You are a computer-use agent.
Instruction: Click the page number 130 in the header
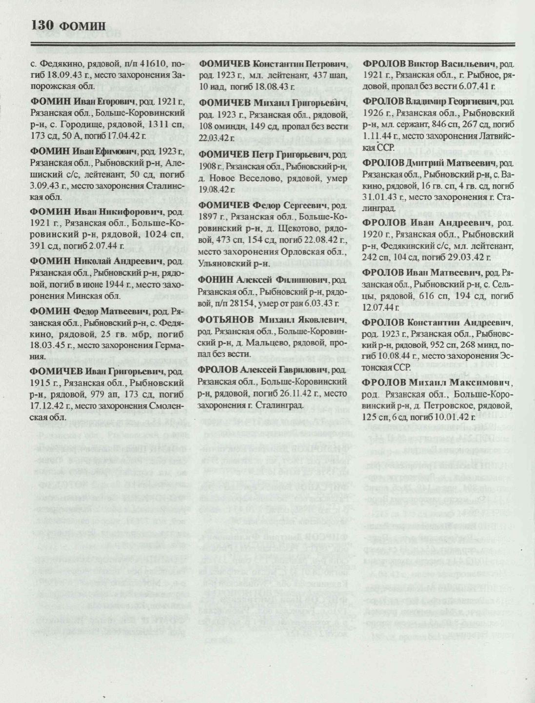pos(43,25)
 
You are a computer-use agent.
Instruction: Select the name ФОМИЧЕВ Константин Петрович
pos(273,64)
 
